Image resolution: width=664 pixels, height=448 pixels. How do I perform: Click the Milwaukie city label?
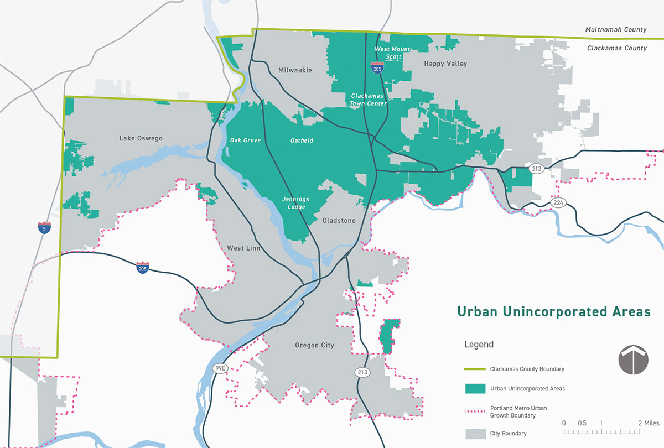[x=295, y=70]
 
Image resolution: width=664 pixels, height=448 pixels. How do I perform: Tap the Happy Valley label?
[x=445, y=64]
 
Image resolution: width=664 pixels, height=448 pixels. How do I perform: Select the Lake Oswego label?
[x=141, y=138]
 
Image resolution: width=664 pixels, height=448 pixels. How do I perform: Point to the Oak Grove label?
[x=245, y=140]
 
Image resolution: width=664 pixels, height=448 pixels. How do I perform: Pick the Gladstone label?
[x=339, y=220]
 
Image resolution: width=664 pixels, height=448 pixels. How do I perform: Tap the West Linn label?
[x=243, y=248]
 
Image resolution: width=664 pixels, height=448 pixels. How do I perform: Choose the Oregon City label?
[x=314, y=345]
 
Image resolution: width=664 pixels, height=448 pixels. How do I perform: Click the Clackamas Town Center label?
[x=368, y=100]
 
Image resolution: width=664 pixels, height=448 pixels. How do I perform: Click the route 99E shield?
[x=220, y=367]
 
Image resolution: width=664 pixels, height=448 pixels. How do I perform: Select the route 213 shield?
[x=362, y=372]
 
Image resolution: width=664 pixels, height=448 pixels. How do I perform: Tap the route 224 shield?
[x=558, y=203]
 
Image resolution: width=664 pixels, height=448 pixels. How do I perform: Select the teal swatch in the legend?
[x=474, y=388]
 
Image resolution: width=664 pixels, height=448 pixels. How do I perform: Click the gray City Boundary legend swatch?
[x=474, y=433]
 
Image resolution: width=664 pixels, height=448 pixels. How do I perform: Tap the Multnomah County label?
[x=616, y=29]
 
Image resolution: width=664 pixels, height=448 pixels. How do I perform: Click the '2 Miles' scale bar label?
[x=648, y=423]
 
